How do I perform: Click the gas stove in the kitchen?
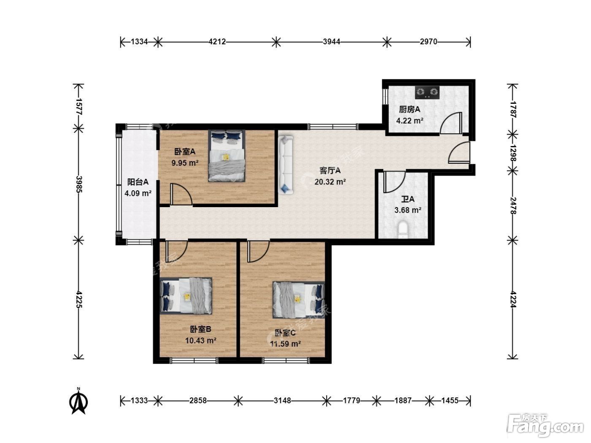pyautogui.click(x=427, y=92)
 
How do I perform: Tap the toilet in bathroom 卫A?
pyautogui.click(x=403, y=230)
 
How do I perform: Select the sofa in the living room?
pyautogui.click(x=285, y=165)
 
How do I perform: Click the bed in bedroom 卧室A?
pyautogui.click(x=226, y=156)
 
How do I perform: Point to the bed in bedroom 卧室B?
pyautogui.click(x=186, y=296)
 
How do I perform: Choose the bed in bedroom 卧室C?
pyautogui.click(x=298, y=300)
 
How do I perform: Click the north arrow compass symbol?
pyautogui.click(x=79, y=401)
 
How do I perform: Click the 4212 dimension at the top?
pyautogui.click(x=217, y=42)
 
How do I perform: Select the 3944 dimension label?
pyautogui.click(x=331, y=42)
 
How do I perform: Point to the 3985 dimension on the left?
pyautogui.click(x=79, y=184)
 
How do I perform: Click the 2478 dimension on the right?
pyautogui.click(x=512, y=205)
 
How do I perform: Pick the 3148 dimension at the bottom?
pyautogui.click(x=282, y=400)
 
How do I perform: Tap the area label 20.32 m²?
pyautogui.click(x=330, y=182)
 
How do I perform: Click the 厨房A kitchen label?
pyautogui.click(x=409, y=109)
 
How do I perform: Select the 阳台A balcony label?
pyautogui.click(x=138, y=182)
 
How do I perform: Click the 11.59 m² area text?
pyautogui.click(x=285, y=344)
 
